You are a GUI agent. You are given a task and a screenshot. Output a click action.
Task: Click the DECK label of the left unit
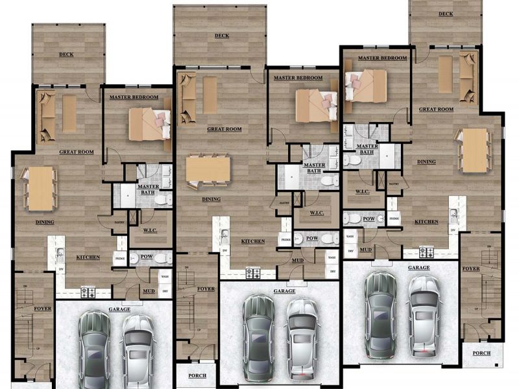click(x=66, y=54)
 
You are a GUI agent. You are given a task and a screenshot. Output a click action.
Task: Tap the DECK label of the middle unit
click(x=221, y=36)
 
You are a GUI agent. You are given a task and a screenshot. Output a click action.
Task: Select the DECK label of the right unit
click(x=445, y=14)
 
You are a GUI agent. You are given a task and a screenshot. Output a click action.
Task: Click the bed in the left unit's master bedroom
click(x=149, y=124)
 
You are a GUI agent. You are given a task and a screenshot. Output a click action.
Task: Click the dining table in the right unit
click(x=475, y=150)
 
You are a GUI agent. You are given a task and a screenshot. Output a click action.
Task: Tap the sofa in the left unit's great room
click(x=46, y=117)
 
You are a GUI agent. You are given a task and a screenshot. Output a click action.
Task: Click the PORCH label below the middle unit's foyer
click(x=197, y=375)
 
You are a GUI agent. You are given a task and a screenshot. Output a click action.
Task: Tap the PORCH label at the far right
click(x=481, y=353)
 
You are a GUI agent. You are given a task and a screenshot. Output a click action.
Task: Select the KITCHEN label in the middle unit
click(x=252, y=241)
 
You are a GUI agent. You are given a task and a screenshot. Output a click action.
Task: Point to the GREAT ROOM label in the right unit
click(x=435, y=110)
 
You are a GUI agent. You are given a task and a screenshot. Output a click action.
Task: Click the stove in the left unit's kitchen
click(x=88, y=292)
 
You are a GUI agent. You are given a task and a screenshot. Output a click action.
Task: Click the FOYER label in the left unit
click(x=42, y=309)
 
